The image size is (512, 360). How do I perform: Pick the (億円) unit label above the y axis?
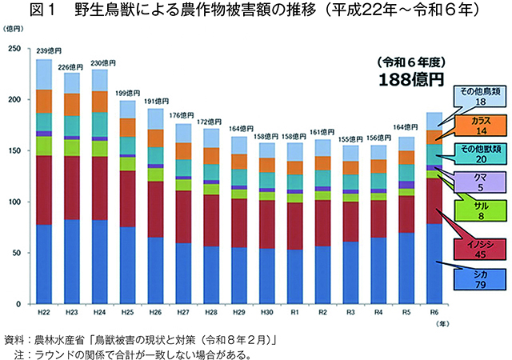[x=14, y=28]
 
